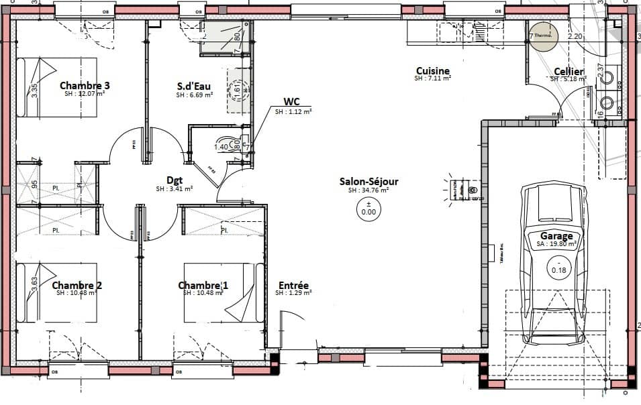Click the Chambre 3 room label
85,85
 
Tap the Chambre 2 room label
77,286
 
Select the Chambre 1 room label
203,286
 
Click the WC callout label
291,102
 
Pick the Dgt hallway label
175,180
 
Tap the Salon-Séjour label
368,181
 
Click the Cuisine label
432,71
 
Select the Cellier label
568,72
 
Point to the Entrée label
293,285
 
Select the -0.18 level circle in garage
558,270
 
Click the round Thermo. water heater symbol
543,39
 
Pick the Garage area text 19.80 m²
556,245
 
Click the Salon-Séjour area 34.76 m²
368,190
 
